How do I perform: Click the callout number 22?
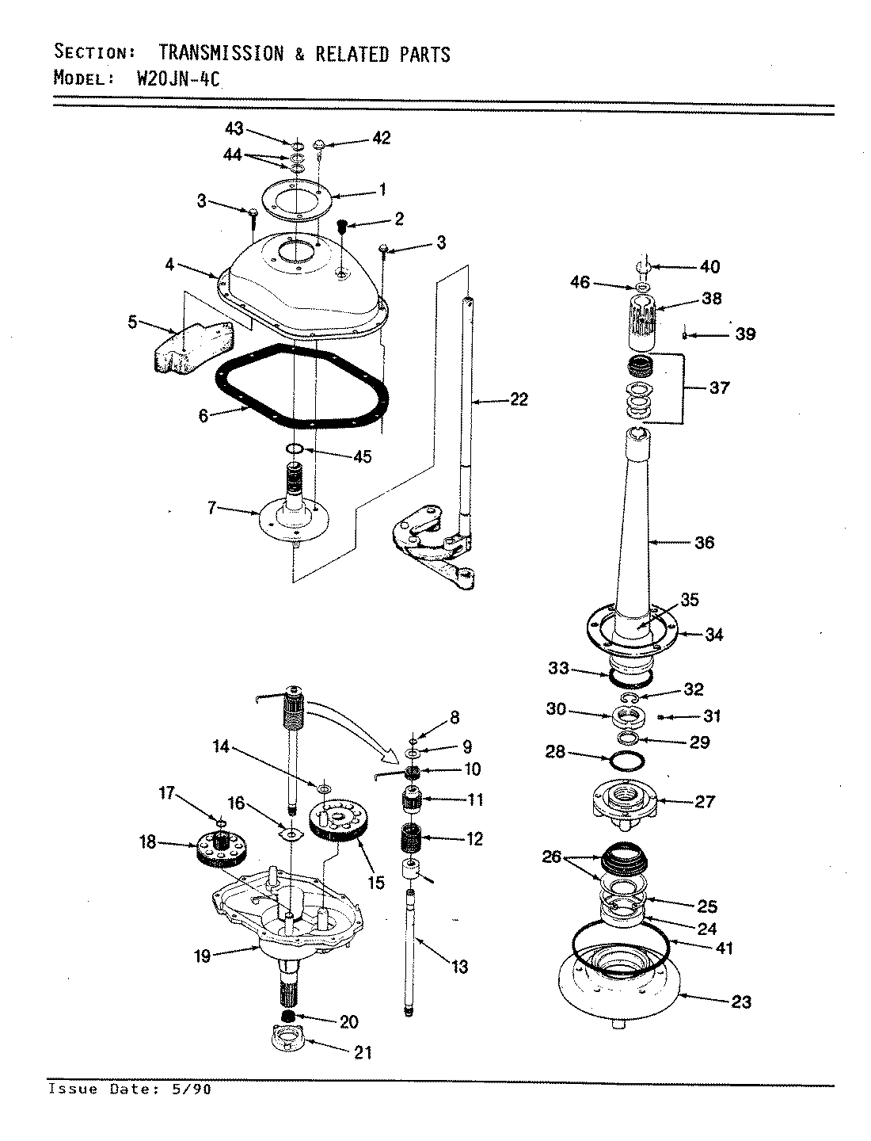(519, 400)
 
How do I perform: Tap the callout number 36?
(704, 543)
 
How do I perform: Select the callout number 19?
(203, 956)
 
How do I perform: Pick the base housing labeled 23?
(626, 990)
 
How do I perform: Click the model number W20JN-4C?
(168, 78)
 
